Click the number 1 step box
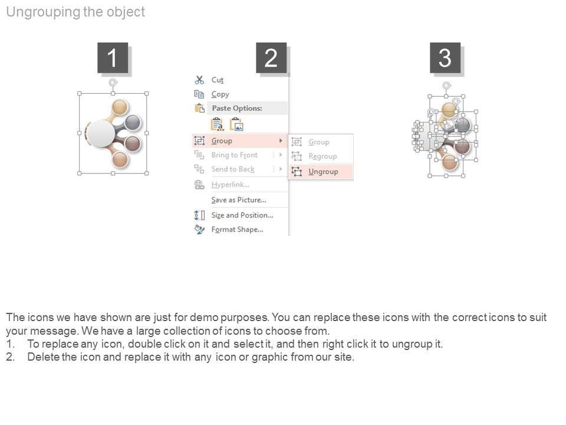(113, 58)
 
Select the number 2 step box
(271, 58)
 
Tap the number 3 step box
(445, 58)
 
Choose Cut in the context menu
(218, 80)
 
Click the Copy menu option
(220, 94)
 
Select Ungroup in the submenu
(323, 172)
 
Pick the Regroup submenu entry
(323, 156)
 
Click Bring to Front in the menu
(235, 155)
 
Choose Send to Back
(233, 169)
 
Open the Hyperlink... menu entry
(231, 185)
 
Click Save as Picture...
(239, 200)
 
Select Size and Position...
(242, 215)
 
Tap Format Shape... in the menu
(237, 230)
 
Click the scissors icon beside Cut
(199, 80)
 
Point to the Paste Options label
(237, 108)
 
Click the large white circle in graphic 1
(101, 133)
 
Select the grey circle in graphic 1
(133, 122)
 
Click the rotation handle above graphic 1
(113, 83)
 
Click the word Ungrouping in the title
(43, 12)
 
